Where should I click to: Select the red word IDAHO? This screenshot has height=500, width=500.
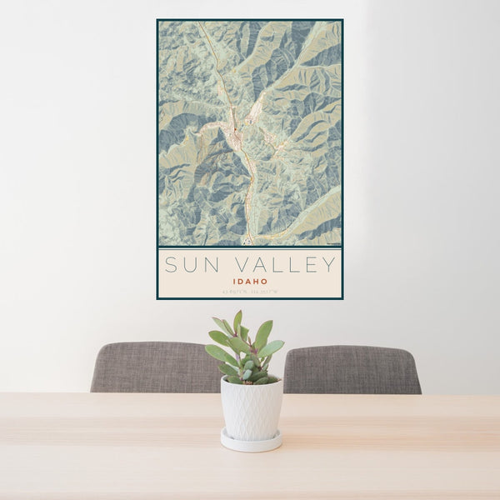[x=250, y=282]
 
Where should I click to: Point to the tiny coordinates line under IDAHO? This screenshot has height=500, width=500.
[x=250, y=291]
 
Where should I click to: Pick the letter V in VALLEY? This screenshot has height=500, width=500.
[x=232, y=265]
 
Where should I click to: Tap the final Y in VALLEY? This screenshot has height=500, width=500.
[x=329, y=265]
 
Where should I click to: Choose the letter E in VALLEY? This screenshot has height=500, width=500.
[x=309, y=265]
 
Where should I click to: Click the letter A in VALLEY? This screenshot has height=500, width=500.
[x=252, y=265]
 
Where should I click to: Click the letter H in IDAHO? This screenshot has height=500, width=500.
[x=255, y=282]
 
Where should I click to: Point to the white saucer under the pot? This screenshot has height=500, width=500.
[x=251, y=442]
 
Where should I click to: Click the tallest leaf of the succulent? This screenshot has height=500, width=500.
[x=237, y=322]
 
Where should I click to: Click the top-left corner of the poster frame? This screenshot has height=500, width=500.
[x=157, y=20]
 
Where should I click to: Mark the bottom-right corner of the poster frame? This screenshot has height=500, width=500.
[x=342, y=298]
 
